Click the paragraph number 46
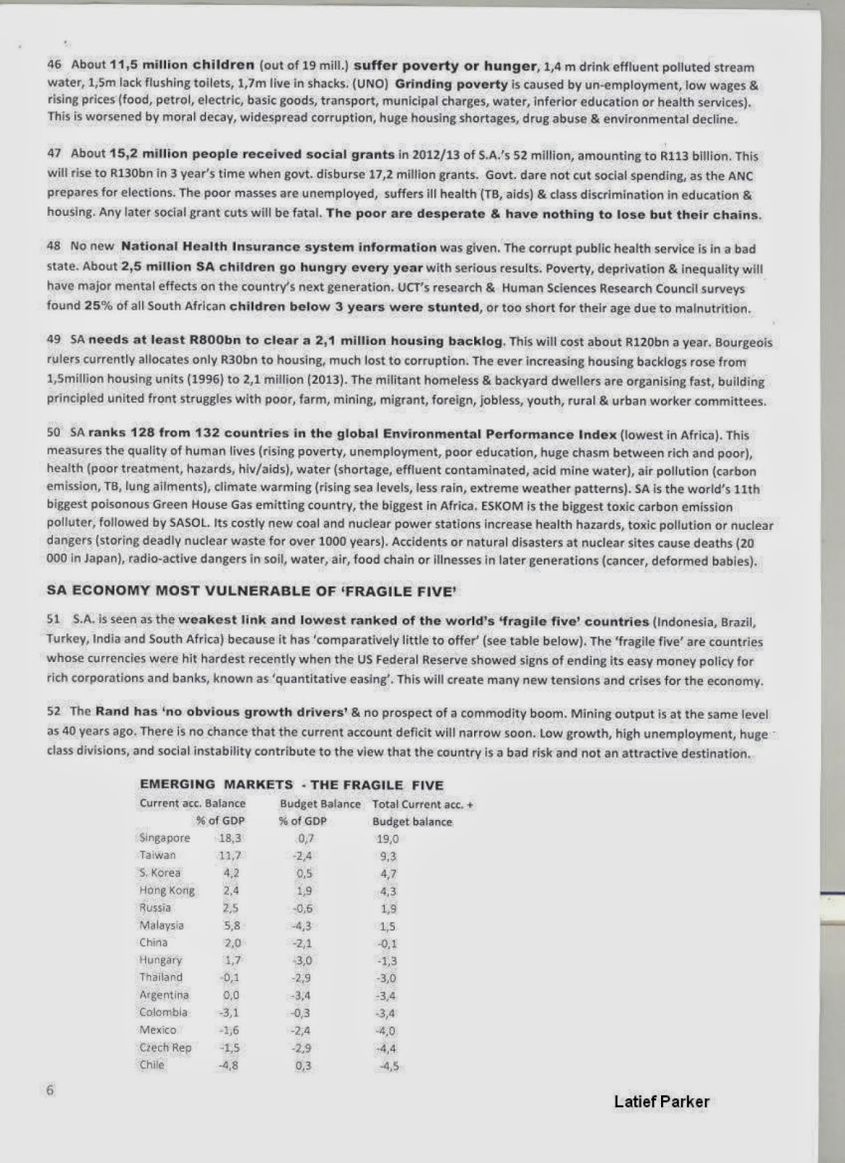tap(54, 64)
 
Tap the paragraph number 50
tap(54, 432)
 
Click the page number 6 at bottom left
tap(50, 1090)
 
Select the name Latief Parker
tap(661, 1101)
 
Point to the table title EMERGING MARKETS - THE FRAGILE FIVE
tap(291, 785)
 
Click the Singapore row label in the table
tap(164, 838)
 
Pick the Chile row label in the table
tap(152, 1065)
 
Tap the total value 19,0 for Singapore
tap(388, 839)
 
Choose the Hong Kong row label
tap(167, 890)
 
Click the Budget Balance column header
tap(320, 804)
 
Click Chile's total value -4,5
tap(389, 1066)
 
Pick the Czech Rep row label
tap(165, 1047)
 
